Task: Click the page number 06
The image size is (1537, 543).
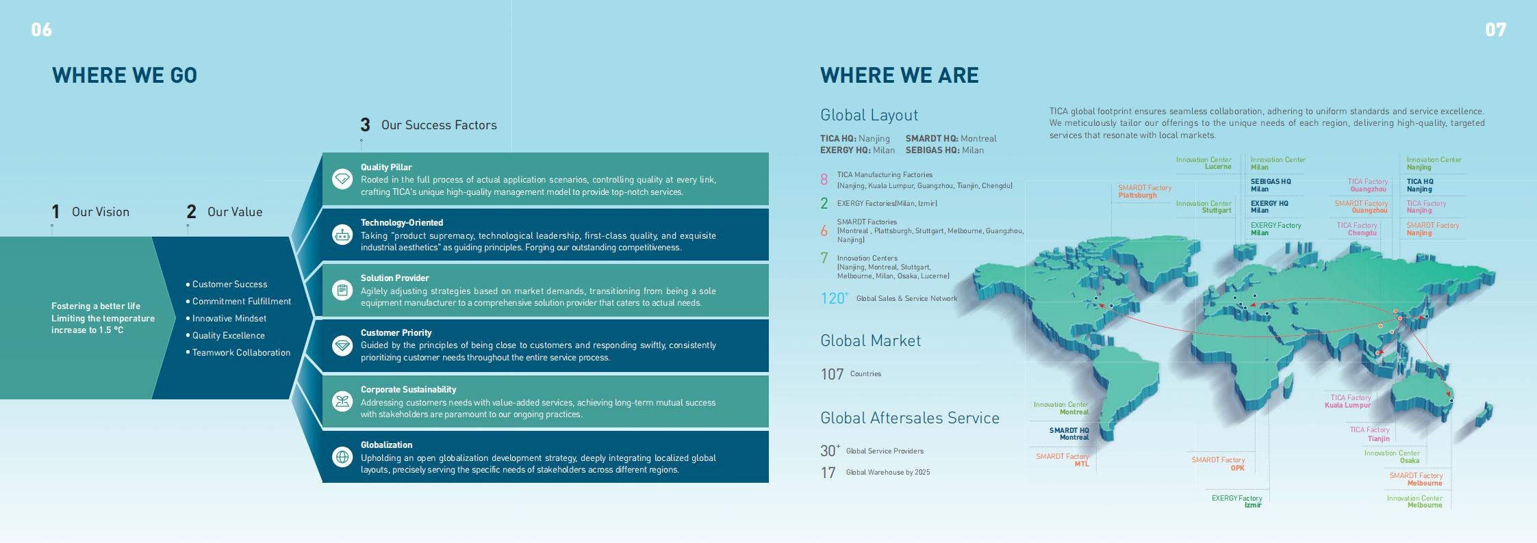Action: tap(41, 29)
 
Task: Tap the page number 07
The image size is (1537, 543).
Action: tap(1495, 29)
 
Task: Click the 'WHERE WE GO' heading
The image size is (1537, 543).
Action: tap(125, 75)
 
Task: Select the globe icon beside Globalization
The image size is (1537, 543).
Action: tap(342, 457)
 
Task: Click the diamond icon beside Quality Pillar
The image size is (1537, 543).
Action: tap(342, 179)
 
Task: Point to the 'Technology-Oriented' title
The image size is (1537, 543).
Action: tap(402, 223)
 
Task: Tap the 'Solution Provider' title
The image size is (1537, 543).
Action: tap(395, 278)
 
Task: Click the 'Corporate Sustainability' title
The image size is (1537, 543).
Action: tap(409, 390)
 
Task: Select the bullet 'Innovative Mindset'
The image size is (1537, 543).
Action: tap(229, 319)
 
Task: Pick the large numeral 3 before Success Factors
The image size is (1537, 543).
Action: tap(365, 125)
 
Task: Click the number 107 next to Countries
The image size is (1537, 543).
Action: tap(832, 374)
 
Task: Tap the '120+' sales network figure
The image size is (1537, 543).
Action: tap(835, 298)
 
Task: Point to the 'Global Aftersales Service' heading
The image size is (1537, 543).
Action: tap(910, 418)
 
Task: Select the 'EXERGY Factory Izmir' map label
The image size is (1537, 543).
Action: tap(1236, 501)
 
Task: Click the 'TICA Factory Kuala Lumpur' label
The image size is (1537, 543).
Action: tap(1347, 401)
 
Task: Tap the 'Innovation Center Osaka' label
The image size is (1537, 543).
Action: tap(1392, 457)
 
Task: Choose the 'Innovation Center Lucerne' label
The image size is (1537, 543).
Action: tap(1204, 163)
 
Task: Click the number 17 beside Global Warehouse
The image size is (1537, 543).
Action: tap(828, 473)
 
